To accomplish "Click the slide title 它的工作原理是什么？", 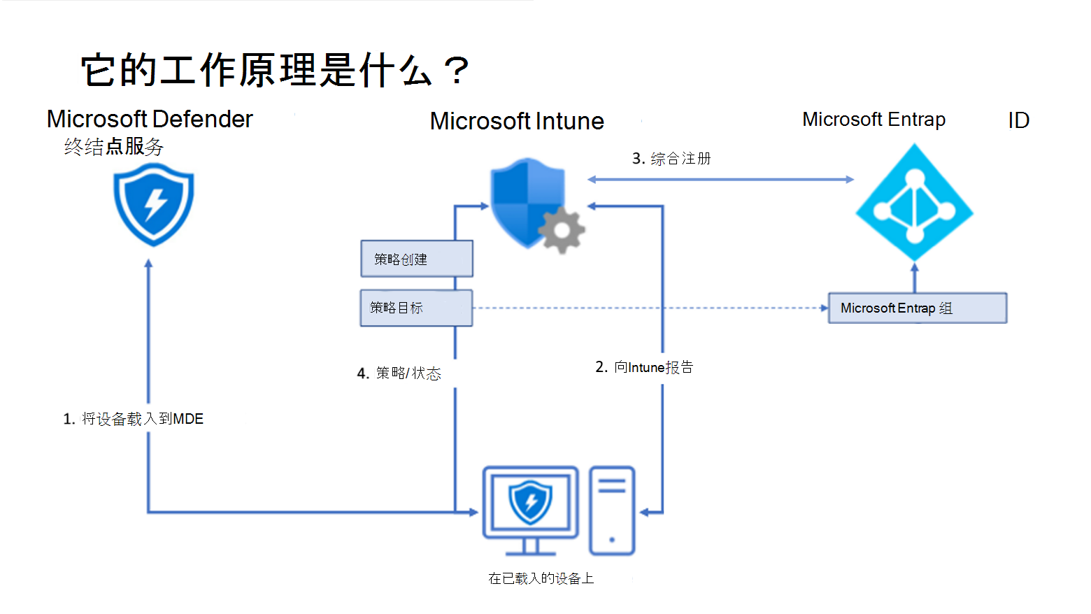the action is point(275,70).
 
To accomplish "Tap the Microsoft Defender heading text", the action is point(150,119).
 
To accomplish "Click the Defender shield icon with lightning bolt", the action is point(153,204).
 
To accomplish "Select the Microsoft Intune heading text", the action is point(517,121).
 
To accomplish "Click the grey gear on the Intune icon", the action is point(562,230).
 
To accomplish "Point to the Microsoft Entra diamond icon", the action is point(915,202).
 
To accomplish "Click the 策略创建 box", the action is point(417,259).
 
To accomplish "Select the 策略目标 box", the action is point(416,308).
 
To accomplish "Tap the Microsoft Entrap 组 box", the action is point(918,308).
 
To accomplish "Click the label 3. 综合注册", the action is point(671,158).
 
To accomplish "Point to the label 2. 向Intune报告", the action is point(644,367).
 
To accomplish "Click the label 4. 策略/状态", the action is point(399,373).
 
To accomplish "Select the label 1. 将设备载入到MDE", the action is point(133,419).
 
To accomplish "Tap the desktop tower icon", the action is point(612,511).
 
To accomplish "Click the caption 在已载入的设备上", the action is point(541,578).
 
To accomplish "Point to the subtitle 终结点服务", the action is point(113,147).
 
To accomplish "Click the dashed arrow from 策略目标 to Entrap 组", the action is point(650,308).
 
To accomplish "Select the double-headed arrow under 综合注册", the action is point(721,180).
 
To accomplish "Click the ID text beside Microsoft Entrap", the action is point(1018,120).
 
